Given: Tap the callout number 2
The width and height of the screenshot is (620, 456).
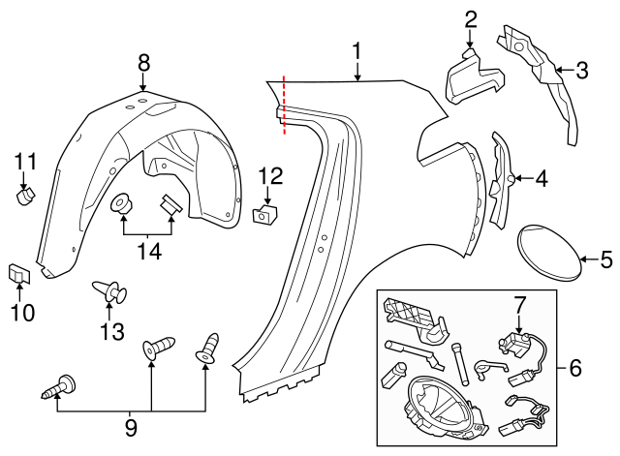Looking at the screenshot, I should click(471, 17).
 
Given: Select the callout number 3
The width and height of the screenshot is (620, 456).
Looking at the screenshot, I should click(581, 70).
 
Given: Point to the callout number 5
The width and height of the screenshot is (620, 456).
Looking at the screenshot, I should click(606, 258).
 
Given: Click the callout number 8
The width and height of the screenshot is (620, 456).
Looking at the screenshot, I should click(143, 62).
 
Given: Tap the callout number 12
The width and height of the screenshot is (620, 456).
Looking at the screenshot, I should click(270, 175).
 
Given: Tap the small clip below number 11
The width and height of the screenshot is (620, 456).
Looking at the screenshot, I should click(25, 197).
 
